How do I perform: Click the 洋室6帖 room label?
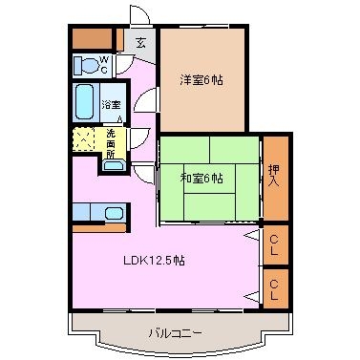(201, 80)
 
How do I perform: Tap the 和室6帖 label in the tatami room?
(201, 179)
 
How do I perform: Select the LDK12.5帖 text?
(154, 261)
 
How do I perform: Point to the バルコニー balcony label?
(176, 333)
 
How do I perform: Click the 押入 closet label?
(274, 177)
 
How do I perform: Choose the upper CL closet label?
(274, 245)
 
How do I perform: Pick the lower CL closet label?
(274, 289)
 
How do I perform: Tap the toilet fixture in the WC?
(85, 66)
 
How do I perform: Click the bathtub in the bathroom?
(85, 102)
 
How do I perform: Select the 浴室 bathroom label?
(111, 105)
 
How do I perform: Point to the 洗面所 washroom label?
(111, 144)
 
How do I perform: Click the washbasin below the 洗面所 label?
(114, 165)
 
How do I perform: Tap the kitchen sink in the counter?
(114, 213)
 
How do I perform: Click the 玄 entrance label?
(140, 43)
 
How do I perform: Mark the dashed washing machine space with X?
(84, 139)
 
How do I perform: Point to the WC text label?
(104, 65)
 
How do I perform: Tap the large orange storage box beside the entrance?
(93, 38)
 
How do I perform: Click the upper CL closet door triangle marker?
(252, 235)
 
